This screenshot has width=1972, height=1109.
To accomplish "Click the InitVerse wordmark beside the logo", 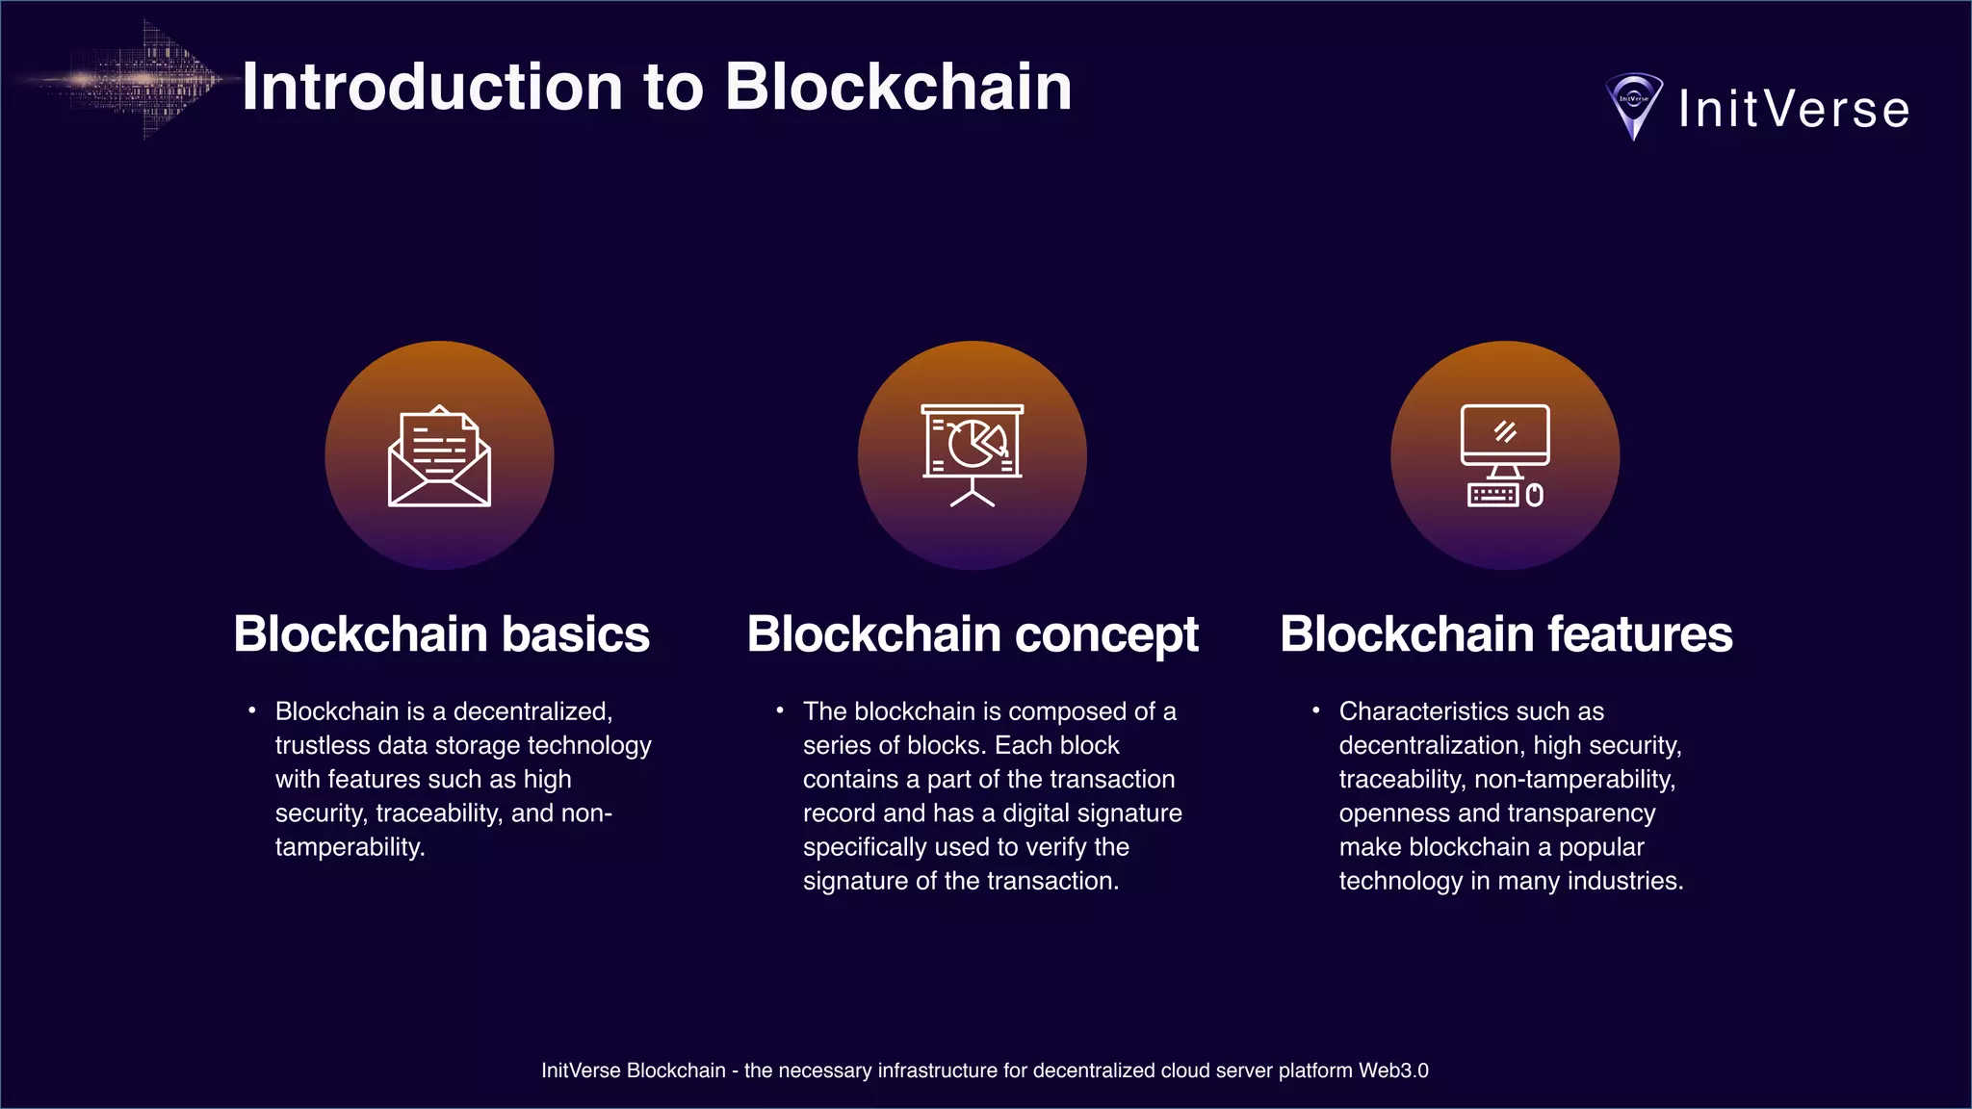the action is (1794, 109).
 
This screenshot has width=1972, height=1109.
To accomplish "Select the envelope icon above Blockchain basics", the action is (439, 456).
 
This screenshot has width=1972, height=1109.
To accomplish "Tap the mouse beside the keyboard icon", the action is (1535, 495).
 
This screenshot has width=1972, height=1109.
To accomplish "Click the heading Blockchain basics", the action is (441, 634).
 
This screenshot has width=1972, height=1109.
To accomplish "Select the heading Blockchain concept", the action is (973, 634).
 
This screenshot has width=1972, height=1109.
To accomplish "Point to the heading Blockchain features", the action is (1506, 634).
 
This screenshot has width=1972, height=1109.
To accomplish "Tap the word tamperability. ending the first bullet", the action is (350, 847).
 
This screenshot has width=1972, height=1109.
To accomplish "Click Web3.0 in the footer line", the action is (1393, 1070).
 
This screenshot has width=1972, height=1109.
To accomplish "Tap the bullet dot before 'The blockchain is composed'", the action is (780, 710).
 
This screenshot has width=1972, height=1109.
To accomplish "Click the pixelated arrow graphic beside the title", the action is (144, 80).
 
